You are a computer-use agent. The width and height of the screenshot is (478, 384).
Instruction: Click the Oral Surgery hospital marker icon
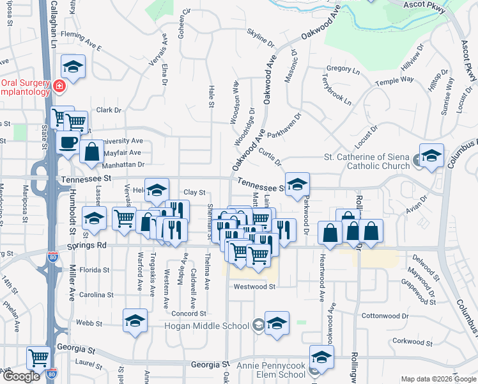tap(58, 85)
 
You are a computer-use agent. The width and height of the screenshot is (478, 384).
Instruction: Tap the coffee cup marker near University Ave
tap(68, 143)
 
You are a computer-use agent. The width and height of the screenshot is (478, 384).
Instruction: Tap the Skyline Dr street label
tap(260, 38)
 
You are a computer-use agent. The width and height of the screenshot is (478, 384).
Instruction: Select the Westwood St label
tap(254, 287)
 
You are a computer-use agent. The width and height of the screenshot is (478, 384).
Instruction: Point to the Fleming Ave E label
tap(81, 45)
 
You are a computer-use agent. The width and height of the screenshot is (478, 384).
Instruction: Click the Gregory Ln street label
tap(339, 68)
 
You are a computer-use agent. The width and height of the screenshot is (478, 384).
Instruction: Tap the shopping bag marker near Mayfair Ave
tap(92, 152)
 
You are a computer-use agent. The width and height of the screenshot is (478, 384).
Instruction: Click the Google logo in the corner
tap(21, 377)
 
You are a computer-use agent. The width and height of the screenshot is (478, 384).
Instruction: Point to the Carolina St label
tap(95, 295)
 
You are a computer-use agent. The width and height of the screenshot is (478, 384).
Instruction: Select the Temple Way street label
tap(394, 81)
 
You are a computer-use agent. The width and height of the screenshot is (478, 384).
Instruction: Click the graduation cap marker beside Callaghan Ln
tap(73, 67)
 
